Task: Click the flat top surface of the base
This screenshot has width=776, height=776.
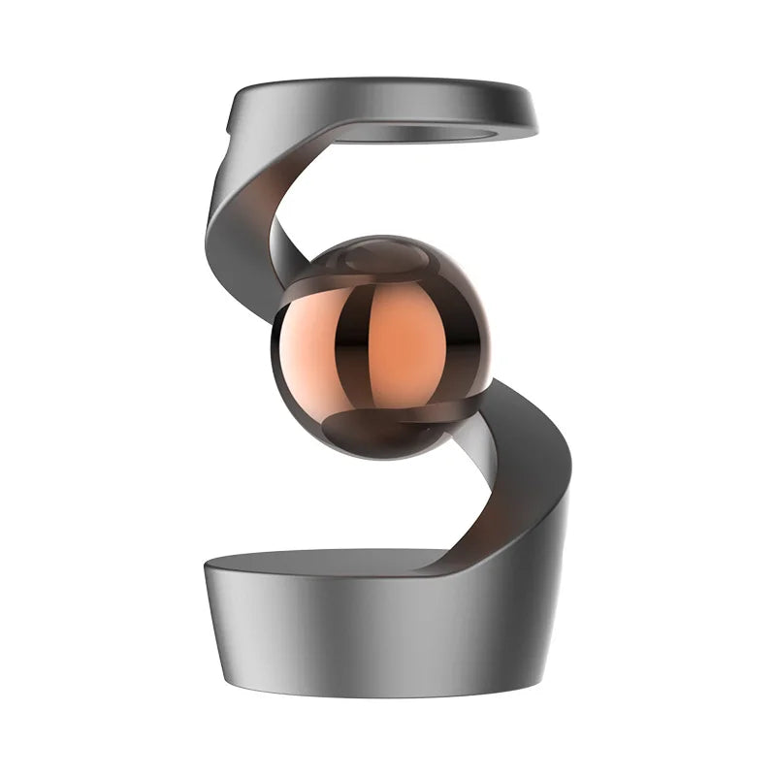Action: coord(320,561)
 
